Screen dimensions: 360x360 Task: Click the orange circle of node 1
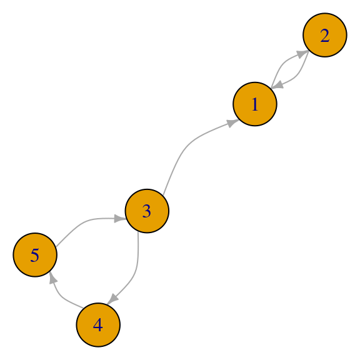255,104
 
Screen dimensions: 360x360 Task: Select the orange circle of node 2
325,35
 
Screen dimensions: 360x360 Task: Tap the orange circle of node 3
147,211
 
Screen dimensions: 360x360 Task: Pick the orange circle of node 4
98,324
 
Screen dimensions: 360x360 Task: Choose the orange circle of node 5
35,255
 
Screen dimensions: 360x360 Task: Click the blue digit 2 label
325,36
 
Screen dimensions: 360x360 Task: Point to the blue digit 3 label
147,211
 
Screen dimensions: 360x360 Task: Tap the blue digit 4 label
97,325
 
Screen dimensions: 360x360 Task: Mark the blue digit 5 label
34,255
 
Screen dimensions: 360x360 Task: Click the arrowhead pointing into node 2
302,54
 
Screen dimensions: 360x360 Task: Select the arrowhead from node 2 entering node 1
277,85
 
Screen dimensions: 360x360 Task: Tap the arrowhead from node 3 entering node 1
233,122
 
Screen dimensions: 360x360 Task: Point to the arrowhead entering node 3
120,219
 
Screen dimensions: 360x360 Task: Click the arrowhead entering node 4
112,299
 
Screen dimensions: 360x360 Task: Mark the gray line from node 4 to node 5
62,297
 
